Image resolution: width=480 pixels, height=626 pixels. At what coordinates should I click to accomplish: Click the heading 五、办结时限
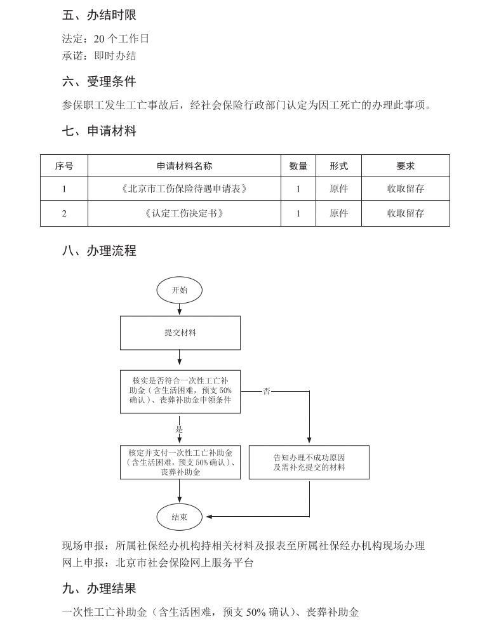pyautogui.click(x=99, y=15)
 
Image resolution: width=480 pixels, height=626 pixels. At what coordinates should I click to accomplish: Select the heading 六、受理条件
pyautogui.click(x=99, y=81)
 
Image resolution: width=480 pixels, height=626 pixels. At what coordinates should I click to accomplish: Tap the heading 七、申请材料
pyautogui.click(x=99, y=131)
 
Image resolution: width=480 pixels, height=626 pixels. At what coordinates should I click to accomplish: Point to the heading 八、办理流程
pyautogui.click(x=99, y=250)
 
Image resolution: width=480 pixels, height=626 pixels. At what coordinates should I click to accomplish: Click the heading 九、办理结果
pyautogui.click(x=99, y=589)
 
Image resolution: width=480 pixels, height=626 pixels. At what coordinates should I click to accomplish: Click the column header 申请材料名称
pyautogui.click(x=184, y=166)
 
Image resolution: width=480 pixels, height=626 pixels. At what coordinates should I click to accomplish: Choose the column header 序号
pyautogui.click(x=64, y=166)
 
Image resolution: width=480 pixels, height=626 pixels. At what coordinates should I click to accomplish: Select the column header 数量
pyautogui.click(x=298, y=166)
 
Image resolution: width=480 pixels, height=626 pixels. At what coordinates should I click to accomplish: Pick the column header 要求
pyautogui.click(x=406, y=166)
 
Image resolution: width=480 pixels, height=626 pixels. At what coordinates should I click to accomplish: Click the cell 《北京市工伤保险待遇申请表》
pyautogui.click(x=184, y=189)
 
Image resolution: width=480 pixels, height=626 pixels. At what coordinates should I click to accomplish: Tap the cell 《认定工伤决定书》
pyautogui.click(x=184, y=213)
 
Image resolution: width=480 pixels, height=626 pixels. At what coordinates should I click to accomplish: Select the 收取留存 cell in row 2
pyautogui.click(x=406, y=213)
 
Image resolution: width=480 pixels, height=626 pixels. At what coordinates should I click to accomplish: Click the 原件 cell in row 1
pyautogui.click(x=339, y=189)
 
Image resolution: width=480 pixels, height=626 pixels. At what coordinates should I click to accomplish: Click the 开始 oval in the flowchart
pyautogui.click(x=180, y=290)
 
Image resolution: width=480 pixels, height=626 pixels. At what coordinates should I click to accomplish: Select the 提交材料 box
pyautogui.click(x=180, y=333)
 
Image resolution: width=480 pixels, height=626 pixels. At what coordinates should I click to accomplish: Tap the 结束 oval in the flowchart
pyautogui.click(x=180, y=517)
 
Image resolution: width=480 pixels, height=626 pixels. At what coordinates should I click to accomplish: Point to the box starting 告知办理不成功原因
pyautogui.click(x=309, y=462)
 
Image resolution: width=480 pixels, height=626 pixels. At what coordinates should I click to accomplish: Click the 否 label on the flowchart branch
pyautogui.click(x=267, y=391)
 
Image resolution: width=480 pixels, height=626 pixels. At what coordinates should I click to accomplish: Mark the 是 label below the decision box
pyautogui.click(x=179, y=430)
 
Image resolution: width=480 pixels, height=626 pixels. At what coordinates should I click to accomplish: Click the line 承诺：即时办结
pyautogui.click(x=99, y=56)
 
